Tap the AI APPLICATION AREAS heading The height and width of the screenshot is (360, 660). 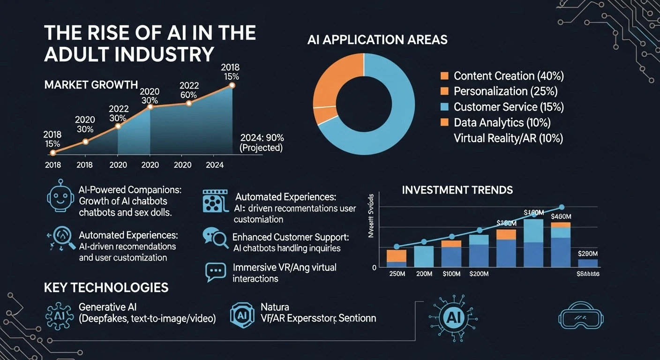coord(377,40)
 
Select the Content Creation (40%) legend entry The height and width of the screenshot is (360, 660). coord(508,76)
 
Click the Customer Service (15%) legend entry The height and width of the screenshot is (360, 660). coord(508,107)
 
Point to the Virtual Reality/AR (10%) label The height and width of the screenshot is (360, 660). coord(508,138)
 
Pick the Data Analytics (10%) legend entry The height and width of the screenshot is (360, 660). coord(502,123)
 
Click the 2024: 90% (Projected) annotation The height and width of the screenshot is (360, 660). coord(262,143)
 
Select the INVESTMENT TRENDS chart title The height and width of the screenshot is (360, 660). coord(457,190)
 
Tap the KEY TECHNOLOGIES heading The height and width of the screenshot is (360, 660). coord(106,287)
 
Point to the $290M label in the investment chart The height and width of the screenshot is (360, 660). coord(587,254)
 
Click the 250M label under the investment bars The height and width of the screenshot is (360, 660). coord(397,274)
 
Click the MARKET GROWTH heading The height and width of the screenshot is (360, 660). coord(91,85)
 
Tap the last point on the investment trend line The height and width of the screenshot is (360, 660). coord(562,207)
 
